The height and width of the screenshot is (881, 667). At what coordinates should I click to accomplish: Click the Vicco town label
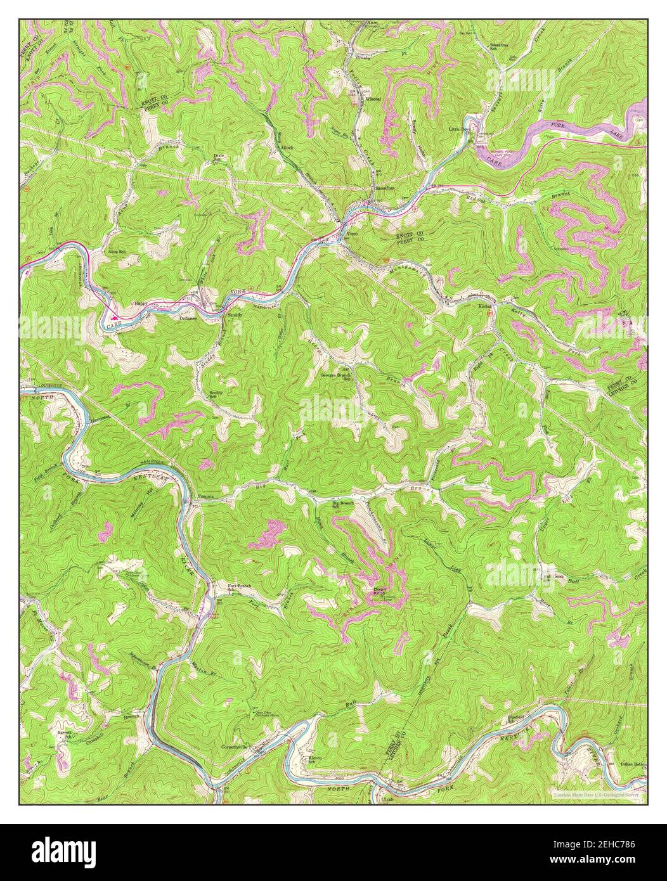click(x=353, y=235)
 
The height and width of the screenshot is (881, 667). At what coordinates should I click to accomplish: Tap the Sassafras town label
click(x=384, y=188)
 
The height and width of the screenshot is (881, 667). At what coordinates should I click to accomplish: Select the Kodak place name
click(x=485, y=305)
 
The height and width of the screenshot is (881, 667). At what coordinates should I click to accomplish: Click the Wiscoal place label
click(x=372, y=100)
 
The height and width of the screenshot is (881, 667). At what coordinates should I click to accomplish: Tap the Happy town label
click(x=141, y=303)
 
